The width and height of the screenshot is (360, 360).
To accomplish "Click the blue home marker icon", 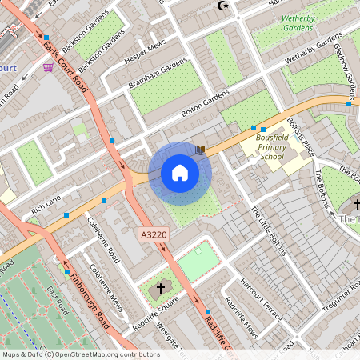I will point(180,173).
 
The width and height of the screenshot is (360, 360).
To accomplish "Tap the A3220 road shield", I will point(154,235).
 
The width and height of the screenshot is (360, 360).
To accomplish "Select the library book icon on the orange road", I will point(202,149).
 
